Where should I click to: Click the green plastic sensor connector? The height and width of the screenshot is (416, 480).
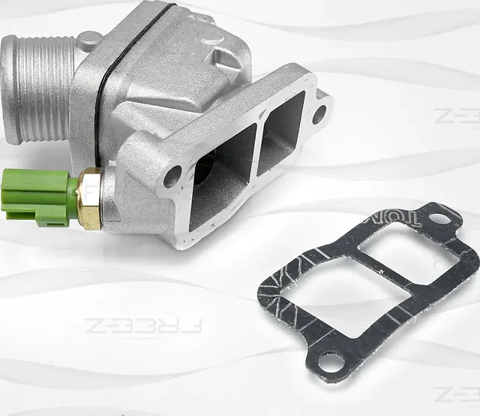tap(37, 194)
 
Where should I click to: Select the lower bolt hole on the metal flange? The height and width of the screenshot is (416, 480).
tap(172, 176)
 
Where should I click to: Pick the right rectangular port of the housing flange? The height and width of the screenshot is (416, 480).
tap(281, 131)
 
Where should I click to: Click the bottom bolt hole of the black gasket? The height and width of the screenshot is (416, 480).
tap(328, 363)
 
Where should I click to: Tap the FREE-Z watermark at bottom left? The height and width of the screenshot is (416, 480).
tap(142, 325)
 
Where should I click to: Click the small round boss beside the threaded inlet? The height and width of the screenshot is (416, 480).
tap(88, 39)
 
